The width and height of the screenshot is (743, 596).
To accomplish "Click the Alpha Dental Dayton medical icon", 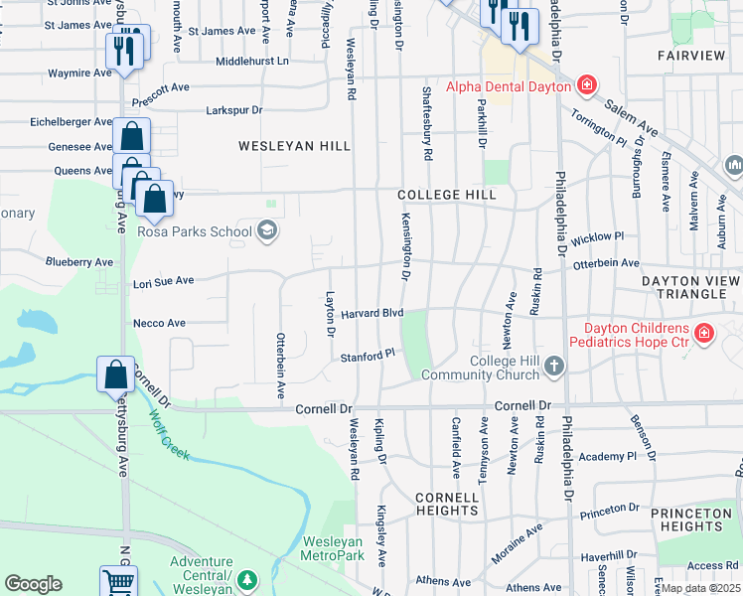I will pos(587,85).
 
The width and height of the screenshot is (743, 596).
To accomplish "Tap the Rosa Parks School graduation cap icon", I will pos(265,232).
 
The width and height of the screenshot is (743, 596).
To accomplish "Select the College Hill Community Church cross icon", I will pos(555,369).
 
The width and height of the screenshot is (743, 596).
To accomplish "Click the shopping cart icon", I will pos(118,582).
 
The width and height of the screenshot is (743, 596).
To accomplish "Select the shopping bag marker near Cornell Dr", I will pos(115,374).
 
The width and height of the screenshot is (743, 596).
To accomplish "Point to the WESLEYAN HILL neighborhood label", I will pos(294,146).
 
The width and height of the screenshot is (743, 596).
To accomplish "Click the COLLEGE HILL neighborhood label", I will pos(446,195).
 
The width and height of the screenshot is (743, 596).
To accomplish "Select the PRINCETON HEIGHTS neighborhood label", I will pos(692,520).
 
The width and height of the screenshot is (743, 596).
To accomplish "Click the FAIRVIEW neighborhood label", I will pos(691,56).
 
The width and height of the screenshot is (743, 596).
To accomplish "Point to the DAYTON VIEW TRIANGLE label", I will pos(691,288).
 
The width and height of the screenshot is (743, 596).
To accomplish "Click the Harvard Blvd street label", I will pos(371,313).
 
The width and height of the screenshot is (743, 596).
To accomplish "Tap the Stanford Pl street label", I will pos(368,356).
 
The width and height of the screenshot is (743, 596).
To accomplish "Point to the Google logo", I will pos(33,584).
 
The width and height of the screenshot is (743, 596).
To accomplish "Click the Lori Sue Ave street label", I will pos(163,282).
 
